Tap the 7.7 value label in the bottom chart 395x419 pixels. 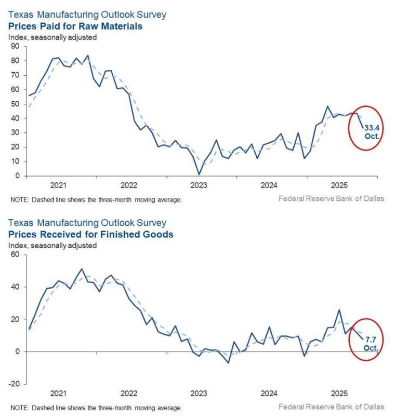click(x=371, y=340)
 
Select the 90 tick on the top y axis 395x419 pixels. click(x=15, y=46)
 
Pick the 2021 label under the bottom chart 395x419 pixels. click(x=58, y=394)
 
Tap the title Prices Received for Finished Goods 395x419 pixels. click(x=90, y=235)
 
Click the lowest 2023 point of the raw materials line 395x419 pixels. click(x=199, y=174)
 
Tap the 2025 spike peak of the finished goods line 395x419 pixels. click(x=339, y=310)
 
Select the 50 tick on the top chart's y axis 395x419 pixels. click(x=15, y=104)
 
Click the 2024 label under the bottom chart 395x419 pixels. click(x=269, y=394)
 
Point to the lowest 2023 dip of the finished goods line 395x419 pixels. click(x=228, y=362)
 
